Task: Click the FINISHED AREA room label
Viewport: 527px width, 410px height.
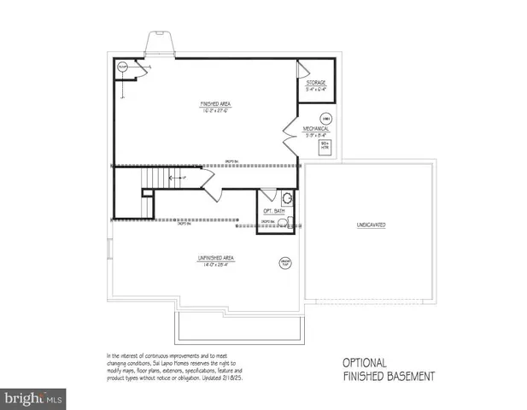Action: (x=216, y=103)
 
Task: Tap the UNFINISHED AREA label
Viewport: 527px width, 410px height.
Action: (x=216, y=257)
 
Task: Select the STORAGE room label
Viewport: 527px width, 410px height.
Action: (x=316, y=83)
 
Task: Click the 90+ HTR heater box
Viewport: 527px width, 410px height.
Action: (x=325, y=147)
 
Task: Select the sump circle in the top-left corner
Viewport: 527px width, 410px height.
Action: (x=122, y=67)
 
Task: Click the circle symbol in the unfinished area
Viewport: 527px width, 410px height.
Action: (x=284, y=263)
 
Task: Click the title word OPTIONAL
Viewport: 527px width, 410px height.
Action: (x=365, y=362)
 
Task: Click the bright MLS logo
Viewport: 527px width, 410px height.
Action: (x=33, y=398)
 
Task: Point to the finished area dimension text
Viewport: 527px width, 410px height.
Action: (x=216, y=110)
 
